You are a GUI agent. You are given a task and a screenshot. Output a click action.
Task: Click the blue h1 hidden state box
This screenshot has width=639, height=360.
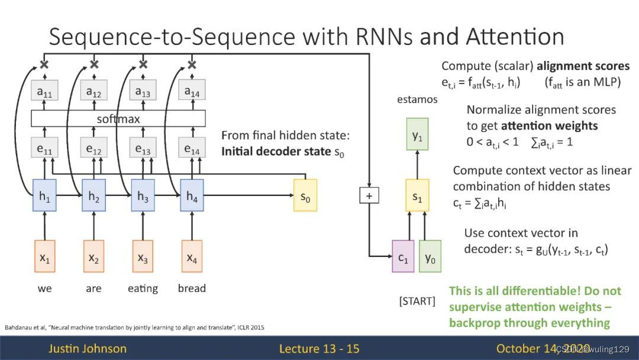coord(44,195)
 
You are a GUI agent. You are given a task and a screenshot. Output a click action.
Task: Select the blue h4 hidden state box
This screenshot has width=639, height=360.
coord(192,195)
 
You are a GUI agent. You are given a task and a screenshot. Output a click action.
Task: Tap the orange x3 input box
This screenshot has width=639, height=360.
coord(143,256)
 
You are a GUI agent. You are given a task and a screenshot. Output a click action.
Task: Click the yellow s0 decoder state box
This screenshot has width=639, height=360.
coord(305,195)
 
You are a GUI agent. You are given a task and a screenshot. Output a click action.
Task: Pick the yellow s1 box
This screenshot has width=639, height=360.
coord(417,195)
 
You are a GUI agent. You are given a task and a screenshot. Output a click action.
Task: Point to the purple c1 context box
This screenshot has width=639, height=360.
coord(403,256)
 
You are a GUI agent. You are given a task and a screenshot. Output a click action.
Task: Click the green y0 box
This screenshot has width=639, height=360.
coord(430,256)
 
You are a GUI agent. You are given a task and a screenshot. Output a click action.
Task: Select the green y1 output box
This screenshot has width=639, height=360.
coord(417,134)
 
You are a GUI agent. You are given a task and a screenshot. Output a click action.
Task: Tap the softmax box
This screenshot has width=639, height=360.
coord(118,118)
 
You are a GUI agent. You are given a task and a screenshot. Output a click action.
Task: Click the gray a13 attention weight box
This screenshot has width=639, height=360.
coord(143,90)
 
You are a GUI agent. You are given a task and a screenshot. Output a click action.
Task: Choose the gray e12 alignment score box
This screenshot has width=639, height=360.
coord(93,147)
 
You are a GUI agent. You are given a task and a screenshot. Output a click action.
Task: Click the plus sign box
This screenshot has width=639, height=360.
coord(369,195)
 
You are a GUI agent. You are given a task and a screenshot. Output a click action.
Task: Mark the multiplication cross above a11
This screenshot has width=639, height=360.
coord(44,64)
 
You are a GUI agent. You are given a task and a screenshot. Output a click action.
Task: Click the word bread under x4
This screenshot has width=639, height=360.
coord(192,288)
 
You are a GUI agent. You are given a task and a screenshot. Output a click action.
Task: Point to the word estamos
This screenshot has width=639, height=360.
coord(417,99)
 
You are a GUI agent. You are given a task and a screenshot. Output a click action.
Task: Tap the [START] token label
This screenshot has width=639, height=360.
coord(417,301)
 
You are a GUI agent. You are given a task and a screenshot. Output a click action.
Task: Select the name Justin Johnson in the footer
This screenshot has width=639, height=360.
coord(88,349)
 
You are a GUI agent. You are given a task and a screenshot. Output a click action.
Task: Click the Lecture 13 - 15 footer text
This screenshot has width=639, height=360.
coord(319,349)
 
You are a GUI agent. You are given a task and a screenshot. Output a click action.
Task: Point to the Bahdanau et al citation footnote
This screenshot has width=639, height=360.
coord(134,327)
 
